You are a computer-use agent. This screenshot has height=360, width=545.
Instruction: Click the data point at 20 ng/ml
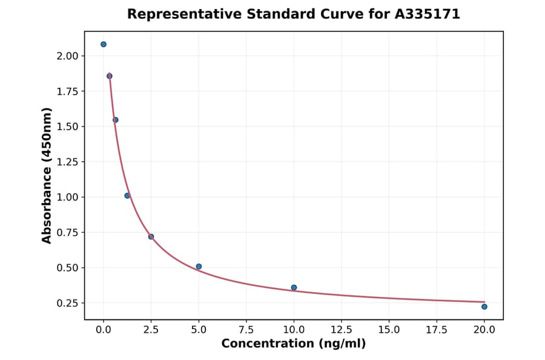coord(484,307)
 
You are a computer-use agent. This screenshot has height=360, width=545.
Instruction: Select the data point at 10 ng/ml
coord(294,287)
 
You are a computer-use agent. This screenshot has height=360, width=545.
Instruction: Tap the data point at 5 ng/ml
coord(199,266)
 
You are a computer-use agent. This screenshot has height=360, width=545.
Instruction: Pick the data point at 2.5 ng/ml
coord(151,236)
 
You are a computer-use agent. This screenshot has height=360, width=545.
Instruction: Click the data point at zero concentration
coord(104,44)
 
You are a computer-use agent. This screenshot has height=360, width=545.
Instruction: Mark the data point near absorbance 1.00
coord(127,196)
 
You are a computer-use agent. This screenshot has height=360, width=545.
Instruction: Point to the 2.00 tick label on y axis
coord(68,56)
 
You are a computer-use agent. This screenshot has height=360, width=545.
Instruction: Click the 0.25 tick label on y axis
coord(68,303)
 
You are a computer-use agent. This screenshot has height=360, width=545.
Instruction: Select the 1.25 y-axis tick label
coord(68,162)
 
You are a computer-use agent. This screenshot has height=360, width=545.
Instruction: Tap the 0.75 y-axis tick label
coord(68,233)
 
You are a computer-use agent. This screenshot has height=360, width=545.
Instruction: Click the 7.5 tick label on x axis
coord(246,330)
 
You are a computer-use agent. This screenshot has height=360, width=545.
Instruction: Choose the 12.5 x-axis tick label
coord(341,330)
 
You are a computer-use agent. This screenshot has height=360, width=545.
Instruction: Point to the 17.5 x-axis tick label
coord(437,330)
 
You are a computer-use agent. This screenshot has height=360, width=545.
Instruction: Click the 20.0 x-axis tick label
coord(484,330)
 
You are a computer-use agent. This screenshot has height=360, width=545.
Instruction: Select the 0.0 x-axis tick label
coord(104,330)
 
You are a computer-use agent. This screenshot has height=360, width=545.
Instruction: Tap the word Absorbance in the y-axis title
coord(47,193)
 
